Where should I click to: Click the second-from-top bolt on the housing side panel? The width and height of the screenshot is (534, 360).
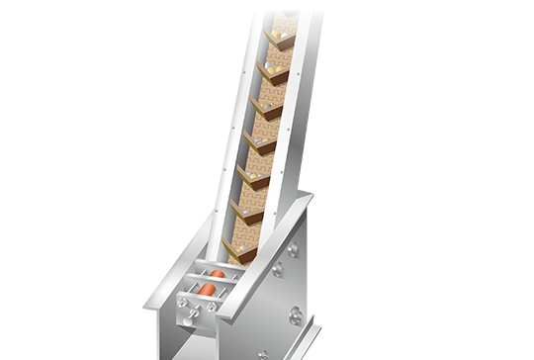pyautogui.click(x=279, y=267)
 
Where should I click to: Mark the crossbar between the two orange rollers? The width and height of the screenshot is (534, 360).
pyautogui.click(x=210, y=281)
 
